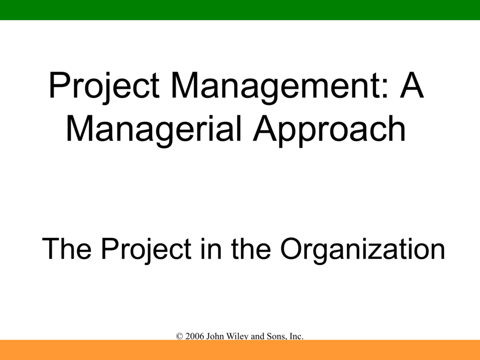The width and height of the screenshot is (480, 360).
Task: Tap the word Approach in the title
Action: tap(329, 130)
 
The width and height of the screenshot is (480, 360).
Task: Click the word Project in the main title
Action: tap(104, 86)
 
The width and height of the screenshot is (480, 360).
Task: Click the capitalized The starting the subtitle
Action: tap(67, 248)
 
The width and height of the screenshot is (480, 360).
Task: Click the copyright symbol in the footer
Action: tap(180, 337)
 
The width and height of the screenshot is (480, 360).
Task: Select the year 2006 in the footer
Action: tap(195, 337)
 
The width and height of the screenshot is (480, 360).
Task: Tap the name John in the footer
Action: tap(215, 337)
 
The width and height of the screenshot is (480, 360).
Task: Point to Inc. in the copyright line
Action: tap(296, 337)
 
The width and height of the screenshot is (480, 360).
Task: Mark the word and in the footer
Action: tap(258, 337)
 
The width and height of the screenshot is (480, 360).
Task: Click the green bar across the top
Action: tap(240, 10)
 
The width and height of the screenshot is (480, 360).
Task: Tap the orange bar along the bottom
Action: tap(240, 350)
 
